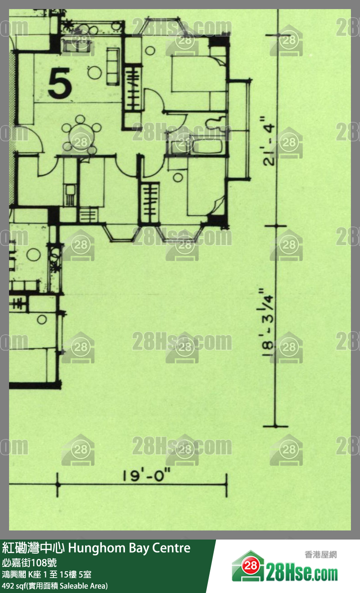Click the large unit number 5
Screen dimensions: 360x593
point(60,83)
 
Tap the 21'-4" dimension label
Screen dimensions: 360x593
point(269,141)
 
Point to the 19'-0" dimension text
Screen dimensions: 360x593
point(146,475)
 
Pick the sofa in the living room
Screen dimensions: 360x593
point(112,66)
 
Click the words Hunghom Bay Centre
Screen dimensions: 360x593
point(130,548)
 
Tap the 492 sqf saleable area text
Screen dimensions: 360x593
point(55,586)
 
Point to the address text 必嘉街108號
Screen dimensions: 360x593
point(29,563)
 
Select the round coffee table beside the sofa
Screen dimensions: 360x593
point(95,72)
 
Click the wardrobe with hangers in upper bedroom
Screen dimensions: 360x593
point(133,88)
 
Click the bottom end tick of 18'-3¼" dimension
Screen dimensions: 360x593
point(275,426)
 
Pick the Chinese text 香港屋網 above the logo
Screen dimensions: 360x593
point(321,554)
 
